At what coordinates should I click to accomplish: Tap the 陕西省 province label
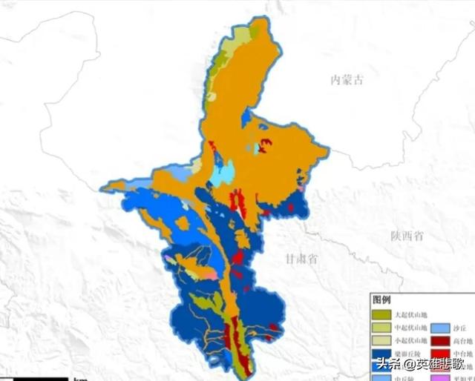tap(407, 236)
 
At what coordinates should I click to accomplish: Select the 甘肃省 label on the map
tap(301, 259)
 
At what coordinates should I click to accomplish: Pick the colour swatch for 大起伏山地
tap(381, 315)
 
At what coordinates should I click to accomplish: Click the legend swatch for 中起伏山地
tap(381, 328)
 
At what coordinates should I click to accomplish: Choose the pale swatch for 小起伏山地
tap(381, 340)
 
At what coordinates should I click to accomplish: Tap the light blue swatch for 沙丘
tap(440, 328)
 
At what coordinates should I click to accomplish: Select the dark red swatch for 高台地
tap(440, 340)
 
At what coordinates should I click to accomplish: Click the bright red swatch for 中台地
tap(440, 353)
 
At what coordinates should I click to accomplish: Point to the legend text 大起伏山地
tap(410, 315)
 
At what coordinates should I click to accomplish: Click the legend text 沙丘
tap(459, 328)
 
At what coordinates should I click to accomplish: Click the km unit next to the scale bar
tap(79, 378)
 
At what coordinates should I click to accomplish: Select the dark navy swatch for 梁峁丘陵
tap(381, 353)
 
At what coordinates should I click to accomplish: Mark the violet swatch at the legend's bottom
tap(440, 377)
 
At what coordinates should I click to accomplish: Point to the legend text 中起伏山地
tap(410, 328)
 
